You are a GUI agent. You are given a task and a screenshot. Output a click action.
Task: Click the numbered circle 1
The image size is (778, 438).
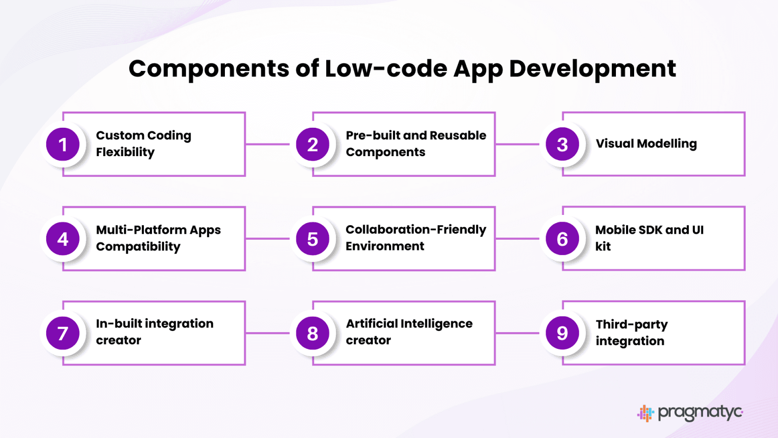coord(63,144)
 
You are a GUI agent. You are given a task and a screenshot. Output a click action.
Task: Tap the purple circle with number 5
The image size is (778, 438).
coord(313,239)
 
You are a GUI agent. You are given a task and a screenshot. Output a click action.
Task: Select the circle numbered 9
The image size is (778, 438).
coord(562,333)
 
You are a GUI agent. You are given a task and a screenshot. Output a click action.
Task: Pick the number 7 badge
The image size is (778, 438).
coord(63,333)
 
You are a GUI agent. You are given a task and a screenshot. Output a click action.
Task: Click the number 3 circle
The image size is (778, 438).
coord(562,144)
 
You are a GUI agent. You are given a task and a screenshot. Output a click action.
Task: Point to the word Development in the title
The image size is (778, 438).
coord(593,69)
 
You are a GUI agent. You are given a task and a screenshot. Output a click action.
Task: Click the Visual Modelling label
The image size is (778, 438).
coord(646,144)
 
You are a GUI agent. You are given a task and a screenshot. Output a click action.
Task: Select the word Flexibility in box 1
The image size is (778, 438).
coord(126,152)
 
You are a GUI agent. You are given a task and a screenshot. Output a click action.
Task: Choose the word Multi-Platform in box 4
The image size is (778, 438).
coord(141,230)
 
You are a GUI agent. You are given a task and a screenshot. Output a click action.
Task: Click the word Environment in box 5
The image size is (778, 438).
coord(385,246)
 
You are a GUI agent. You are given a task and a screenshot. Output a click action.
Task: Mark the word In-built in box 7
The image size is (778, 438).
coord(119,323)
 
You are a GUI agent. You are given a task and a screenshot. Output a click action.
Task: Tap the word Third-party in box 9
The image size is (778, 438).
coord(632,325)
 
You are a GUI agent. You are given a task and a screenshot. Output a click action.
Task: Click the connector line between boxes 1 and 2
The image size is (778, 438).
coord(267,144)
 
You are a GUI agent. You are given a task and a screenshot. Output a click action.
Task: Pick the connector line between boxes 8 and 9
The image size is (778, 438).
coord(517,333)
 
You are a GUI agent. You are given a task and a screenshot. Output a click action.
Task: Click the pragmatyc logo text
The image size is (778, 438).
coord(700,413)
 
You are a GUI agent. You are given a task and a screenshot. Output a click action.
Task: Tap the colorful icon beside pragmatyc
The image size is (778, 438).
coord(646,413)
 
